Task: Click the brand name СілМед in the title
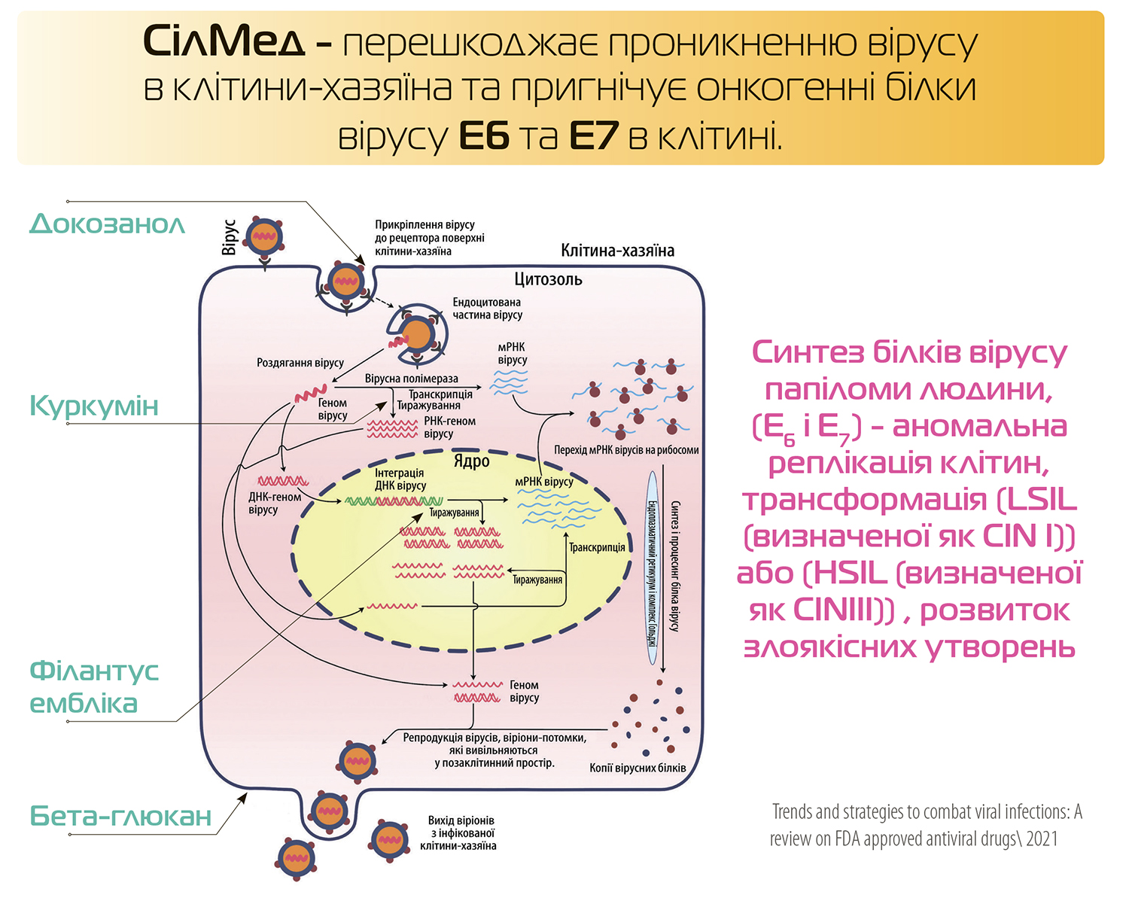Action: pos(224,41)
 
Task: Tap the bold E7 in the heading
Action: pos(594,136)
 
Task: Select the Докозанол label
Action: pos(108,224)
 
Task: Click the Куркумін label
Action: pos(94,406)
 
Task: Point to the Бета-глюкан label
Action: pos(120,816)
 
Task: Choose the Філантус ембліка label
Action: pos(94,686)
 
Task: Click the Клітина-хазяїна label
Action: pos(617,251)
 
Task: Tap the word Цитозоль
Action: pos(548,279)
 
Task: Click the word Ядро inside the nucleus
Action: pos(471,461)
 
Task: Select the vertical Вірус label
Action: pos(230,237)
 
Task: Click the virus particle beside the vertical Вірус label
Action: pos(264,236)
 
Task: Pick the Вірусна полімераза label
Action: pos(411,379)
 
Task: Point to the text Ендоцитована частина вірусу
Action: pos(487,309)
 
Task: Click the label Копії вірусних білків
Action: pos(638,768)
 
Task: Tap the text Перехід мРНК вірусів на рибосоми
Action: pos(626,450)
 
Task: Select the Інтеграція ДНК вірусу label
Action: pos(400,479)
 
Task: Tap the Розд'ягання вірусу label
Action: pos(300,363)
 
